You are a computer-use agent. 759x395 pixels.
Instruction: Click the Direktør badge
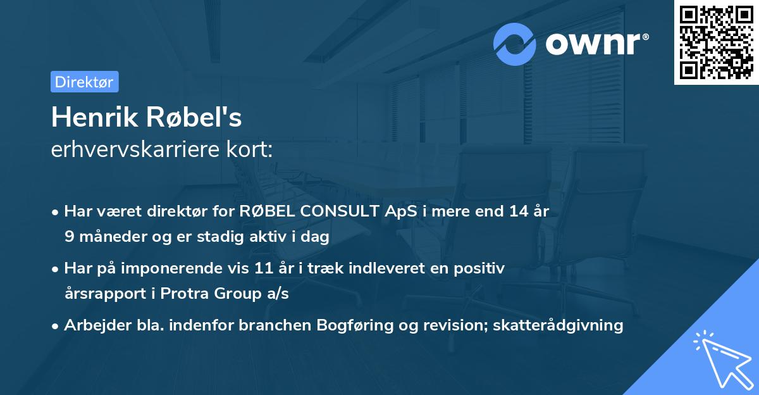84,82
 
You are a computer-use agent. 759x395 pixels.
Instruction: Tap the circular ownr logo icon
515,44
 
